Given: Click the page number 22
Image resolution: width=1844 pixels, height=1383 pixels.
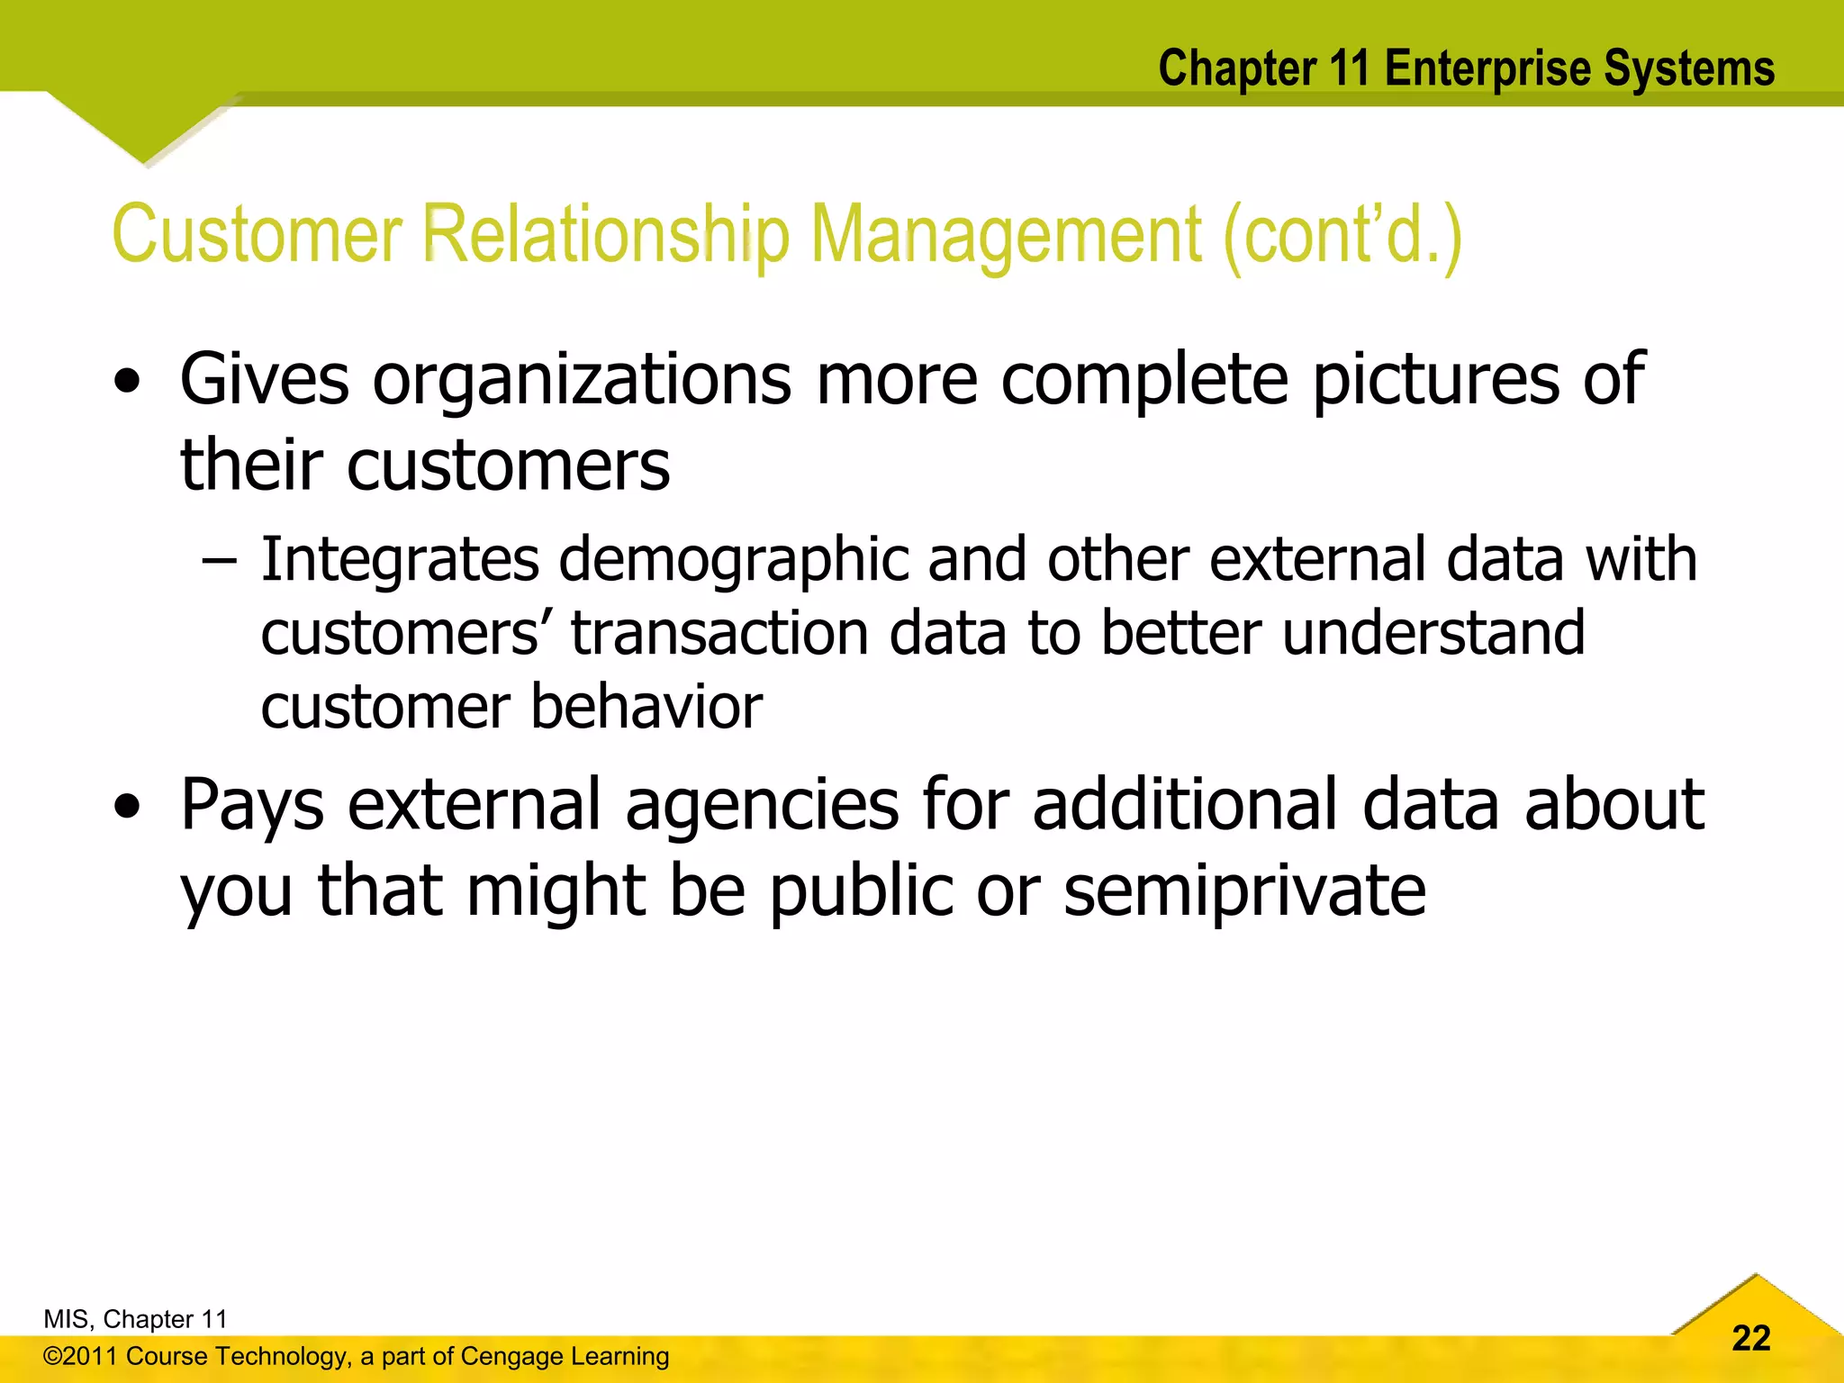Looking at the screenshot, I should (1750, 1338).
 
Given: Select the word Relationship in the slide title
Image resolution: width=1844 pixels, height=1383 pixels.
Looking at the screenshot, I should (606, 236).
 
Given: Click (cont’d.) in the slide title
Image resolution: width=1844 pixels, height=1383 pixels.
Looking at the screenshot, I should (1342, 236).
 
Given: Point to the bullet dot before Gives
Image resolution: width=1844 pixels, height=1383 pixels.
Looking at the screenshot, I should (128, 382).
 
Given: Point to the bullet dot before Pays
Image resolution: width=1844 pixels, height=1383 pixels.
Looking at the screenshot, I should (128, 807).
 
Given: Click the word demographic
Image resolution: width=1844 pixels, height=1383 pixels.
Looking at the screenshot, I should (734, 560).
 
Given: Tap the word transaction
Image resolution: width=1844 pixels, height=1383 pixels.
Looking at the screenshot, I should (719, 633).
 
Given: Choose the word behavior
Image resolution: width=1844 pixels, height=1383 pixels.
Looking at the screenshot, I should (646, 707).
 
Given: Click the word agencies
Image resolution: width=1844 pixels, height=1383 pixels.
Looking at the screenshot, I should (762, 805).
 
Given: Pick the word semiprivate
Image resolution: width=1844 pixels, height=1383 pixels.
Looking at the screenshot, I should (1244, 891).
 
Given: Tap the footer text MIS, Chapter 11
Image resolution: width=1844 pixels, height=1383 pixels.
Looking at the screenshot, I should (135, 1319).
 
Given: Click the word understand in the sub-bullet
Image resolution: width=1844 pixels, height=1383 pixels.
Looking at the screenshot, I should (1433, 633).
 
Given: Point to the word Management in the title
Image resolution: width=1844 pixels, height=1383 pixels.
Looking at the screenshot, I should (1006, 236).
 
